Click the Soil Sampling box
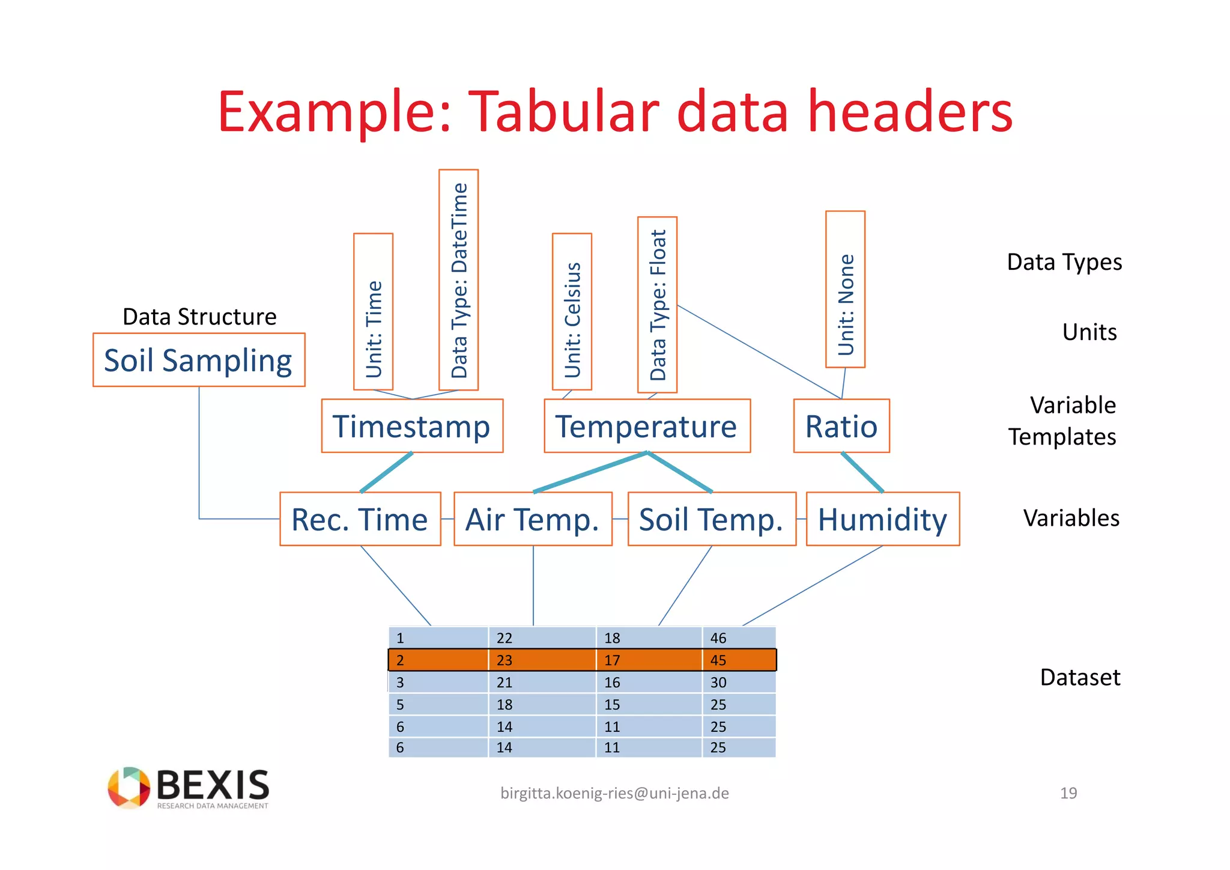199,360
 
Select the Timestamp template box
412,426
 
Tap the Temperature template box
647,426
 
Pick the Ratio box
841,426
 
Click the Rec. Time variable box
360,519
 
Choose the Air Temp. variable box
533,519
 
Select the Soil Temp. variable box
712,519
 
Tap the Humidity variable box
882,519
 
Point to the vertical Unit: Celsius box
572,312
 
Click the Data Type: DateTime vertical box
458,280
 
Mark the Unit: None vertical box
845,289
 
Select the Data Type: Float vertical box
657,305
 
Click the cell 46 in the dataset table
718,638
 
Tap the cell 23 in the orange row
504,660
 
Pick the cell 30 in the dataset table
718,683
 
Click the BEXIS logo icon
129,787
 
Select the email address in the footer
614,793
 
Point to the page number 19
1068,793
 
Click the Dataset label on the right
1080,677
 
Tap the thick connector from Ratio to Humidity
862,472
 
